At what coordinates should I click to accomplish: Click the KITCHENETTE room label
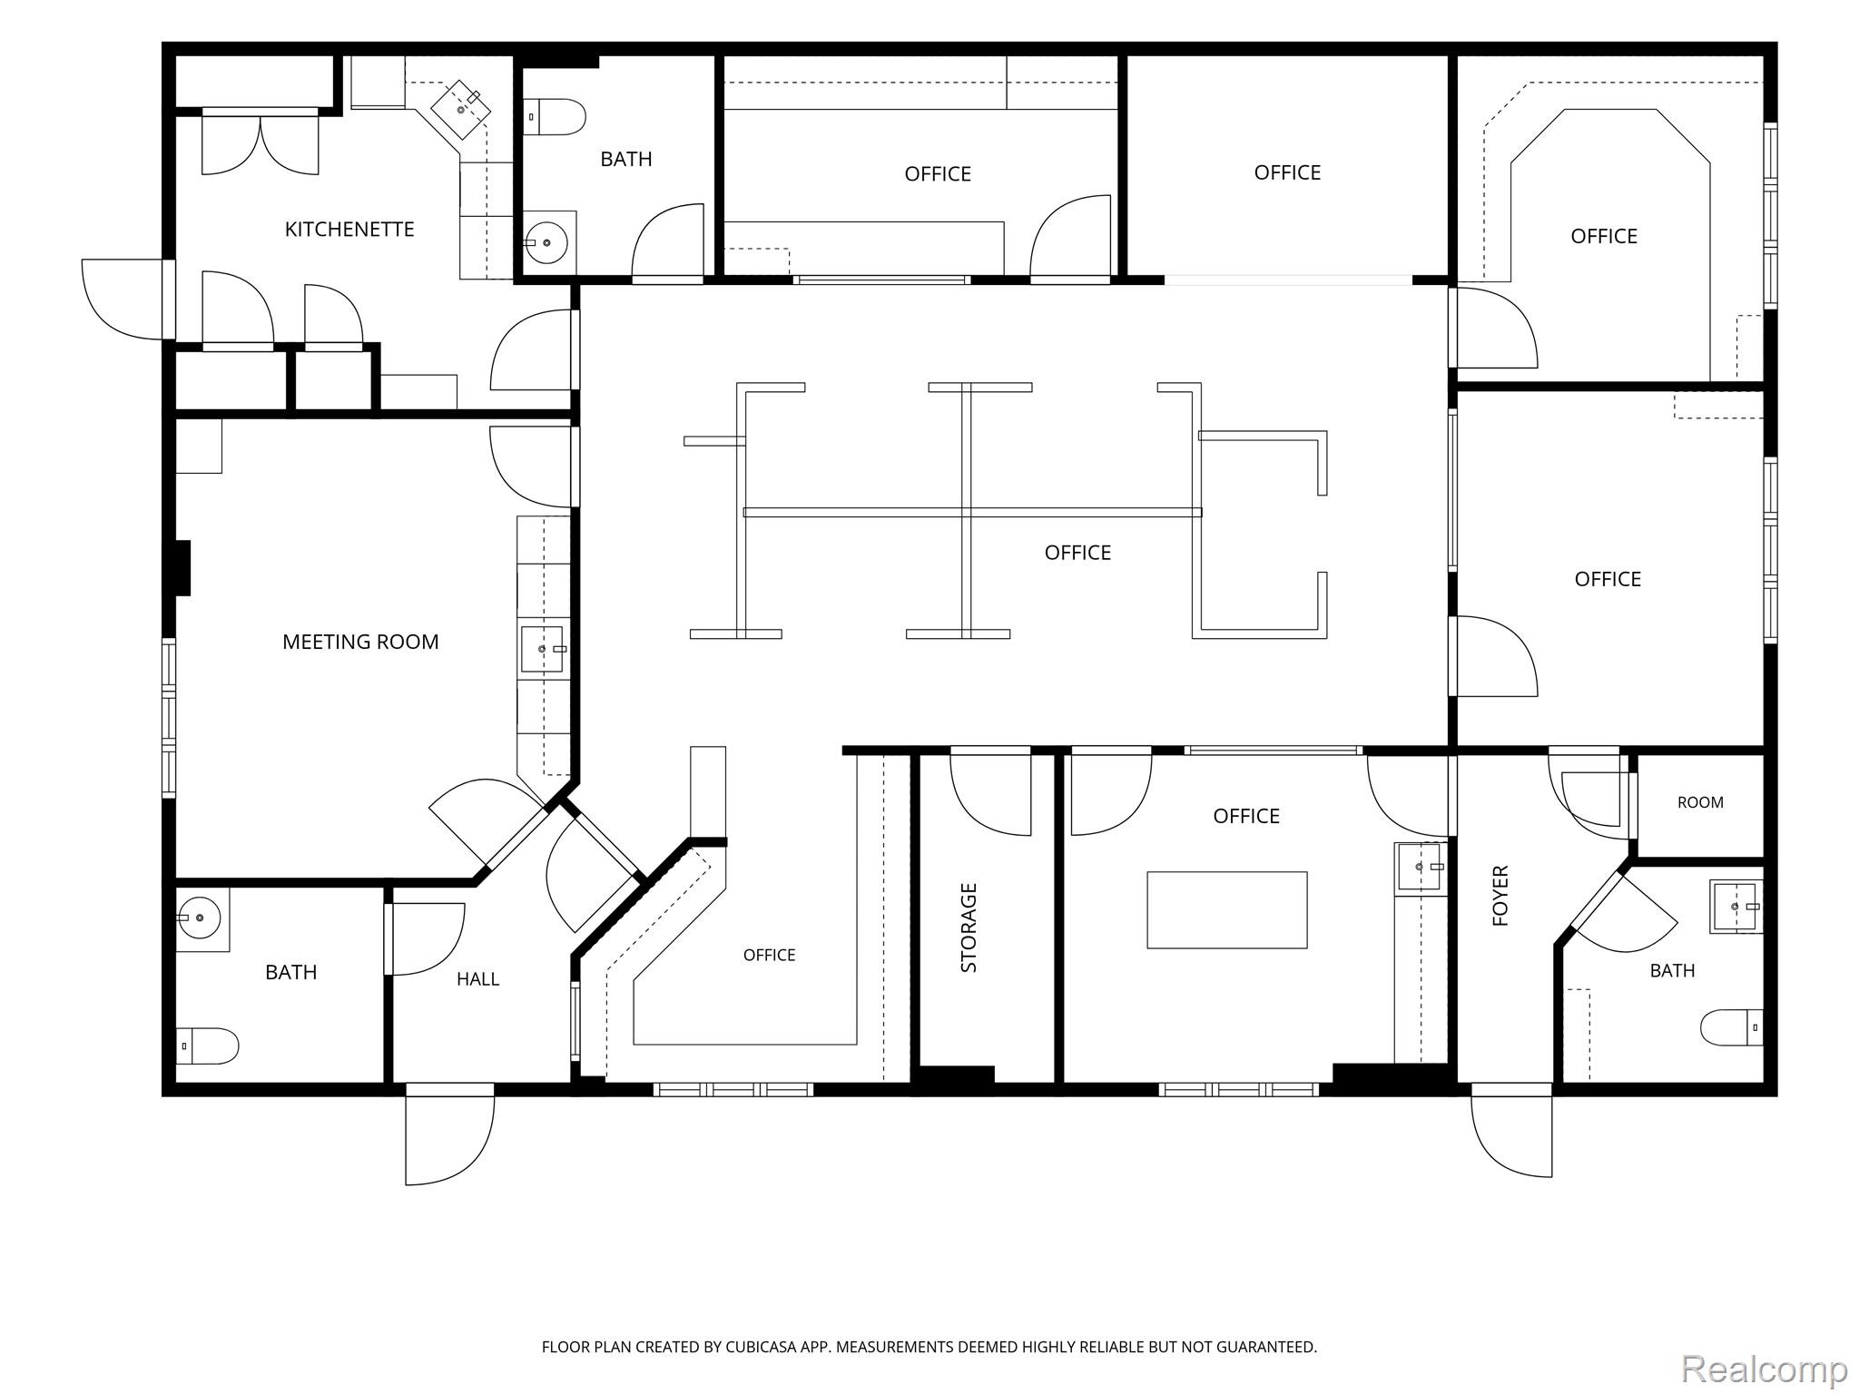tap(349, 230)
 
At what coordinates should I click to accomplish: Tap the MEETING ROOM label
tap(360, 643)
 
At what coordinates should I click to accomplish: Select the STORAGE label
tap(969, 928)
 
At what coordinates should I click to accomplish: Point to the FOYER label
tap(1500, 896)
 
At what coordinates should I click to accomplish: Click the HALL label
tap(477, 979)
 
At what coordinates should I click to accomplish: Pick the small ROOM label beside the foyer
tap(1700, 802)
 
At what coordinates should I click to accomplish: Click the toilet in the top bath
tap(555, 117)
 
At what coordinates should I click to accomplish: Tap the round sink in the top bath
tap(546, 241)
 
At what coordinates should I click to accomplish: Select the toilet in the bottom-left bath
tap(207, 1046)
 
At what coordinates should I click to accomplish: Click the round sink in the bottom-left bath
tap(199, 918)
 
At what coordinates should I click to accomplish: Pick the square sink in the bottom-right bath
tap(1736, 907)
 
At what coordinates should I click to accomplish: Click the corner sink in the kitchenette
tap(460, 109)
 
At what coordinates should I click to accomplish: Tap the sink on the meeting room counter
tap(542, 649)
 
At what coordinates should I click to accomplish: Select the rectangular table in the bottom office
tap(1227, 910)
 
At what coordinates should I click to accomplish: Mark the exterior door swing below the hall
tap(450, 1134)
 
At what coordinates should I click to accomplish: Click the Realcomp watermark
tap(1764, 1368)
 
